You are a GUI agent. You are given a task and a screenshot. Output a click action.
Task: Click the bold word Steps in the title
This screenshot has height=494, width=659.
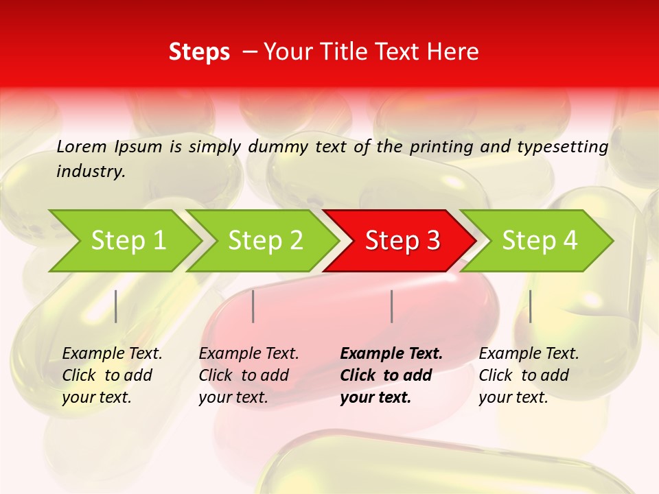(x=199, y=52)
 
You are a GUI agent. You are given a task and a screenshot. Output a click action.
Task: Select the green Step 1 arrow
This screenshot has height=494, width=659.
(x=124, y=241)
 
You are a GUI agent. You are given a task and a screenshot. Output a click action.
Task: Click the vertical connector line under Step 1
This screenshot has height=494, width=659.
(x=116, y=306)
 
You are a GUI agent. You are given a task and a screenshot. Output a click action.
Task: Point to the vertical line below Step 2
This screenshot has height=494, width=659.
(x=253, y=306)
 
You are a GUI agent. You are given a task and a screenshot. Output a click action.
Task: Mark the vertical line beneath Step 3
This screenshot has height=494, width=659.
(x=391, y=306)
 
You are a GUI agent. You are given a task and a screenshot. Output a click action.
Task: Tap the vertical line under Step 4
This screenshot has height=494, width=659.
(x=530, y=306)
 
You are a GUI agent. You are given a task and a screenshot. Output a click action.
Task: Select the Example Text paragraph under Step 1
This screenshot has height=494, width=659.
(x=112, y=375)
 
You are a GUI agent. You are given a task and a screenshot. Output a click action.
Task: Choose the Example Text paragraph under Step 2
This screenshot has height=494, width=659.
(x=248, y=375)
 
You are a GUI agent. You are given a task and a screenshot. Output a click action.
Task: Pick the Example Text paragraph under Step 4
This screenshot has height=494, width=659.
(x=529, y=375)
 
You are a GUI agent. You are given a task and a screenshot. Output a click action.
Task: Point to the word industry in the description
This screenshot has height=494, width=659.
(x=91, y=172)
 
